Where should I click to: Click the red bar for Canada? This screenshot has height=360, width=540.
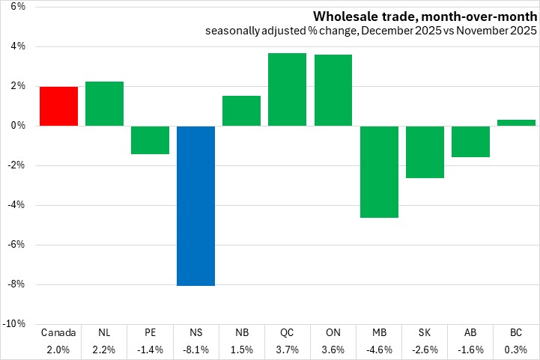click(59, 106)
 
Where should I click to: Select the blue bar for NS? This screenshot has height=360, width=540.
click(195, 205)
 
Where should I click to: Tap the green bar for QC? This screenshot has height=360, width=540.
click(287, 89)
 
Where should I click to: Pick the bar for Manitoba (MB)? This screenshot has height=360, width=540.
click(378, 171)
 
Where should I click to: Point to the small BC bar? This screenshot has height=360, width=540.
click(516, 123)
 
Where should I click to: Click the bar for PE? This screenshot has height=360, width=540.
click(150, 140)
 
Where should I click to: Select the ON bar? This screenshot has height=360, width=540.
click(333, 90)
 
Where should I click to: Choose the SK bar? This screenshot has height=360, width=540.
click(425, 152)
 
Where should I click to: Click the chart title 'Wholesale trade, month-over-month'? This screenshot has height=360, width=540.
click(424, 16)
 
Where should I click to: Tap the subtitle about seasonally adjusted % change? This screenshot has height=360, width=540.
click(371, 31)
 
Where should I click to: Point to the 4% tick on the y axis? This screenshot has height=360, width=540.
click(16, 46)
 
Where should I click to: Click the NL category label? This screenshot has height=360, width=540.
click(104, 332)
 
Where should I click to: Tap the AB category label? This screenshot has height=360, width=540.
click(470, 332)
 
